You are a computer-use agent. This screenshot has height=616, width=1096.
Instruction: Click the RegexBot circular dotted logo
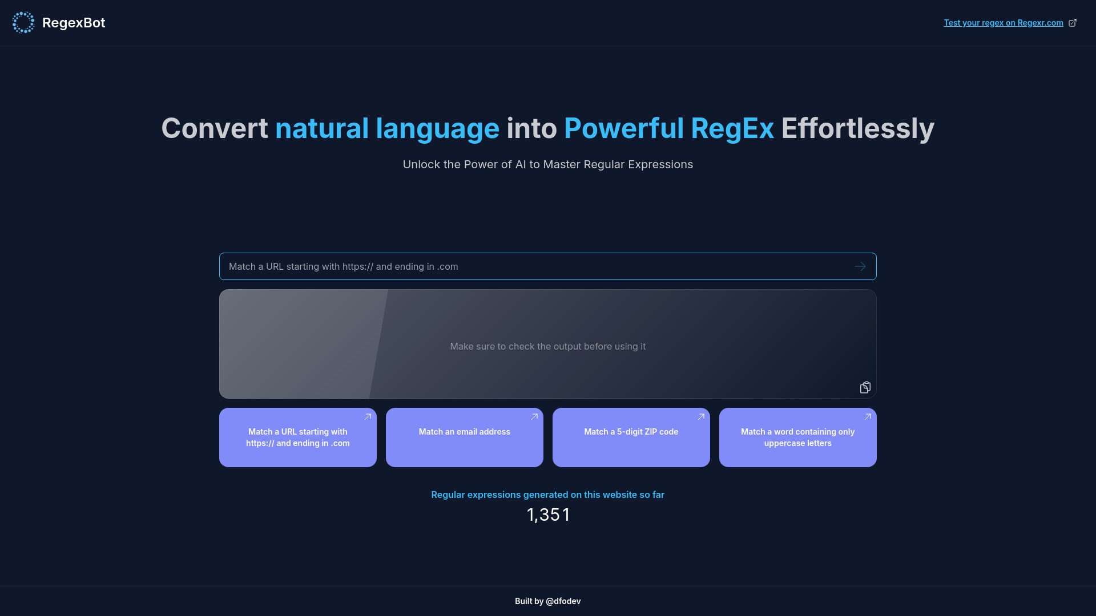[23, 23]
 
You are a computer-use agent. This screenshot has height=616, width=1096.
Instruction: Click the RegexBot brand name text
[74, 23]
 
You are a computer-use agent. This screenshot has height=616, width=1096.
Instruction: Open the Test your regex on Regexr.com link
[1003, 23]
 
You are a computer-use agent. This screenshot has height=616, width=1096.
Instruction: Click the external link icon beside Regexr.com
[1073, 23]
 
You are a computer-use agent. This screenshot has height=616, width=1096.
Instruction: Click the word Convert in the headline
[214, 128]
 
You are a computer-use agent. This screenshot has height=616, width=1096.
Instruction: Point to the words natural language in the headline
[387, 128]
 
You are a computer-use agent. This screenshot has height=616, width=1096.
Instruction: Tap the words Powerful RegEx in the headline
[669, 128]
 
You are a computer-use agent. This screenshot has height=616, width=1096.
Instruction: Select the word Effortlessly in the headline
[857, 128]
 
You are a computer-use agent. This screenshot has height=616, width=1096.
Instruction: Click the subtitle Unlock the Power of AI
[547, 164]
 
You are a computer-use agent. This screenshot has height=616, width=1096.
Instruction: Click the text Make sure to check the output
[547, 346]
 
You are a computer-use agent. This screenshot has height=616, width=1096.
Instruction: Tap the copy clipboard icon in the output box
[865, 387]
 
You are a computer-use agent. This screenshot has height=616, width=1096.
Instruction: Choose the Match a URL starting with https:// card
[297, 437]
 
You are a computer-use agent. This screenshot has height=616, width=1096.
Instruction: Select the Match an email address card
[464, 437]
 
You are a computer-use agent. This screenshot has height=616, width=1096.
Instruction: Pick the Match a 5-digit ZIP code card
[631, 437]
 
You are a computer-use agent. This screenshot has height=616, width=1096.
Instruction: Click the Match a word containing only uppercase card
[797, 437]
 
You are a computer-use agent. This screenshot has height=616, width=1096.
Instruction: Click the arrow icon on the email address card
[534, 417]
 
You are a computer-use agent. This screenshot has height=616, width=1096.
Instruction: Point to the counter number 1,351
[547, 514]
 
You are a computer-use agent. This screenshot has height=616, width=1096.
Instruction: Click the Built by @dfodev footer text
[547, 601]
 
